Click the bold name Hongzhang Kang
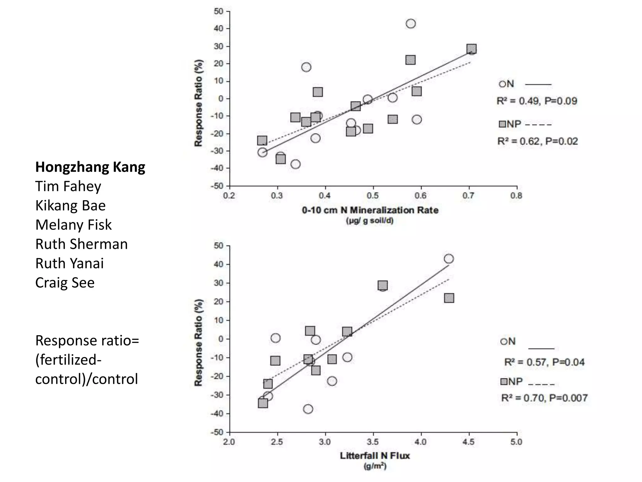click(x=90, y=167)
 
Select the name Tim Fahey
click(x=68, y=186)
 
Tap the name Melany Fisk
click(x=73, y=225)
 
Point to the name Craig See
click(x=65, y=283)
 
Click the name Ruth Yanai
click(x=69, y=264)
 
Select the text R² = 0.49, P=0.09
click(x=537, y=101)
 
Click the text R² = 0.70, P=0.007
click(x=544, y=398)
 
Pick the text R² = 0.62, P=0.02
click(x=538, y=141)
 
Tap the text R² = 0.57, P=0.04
click(x=544, y=362)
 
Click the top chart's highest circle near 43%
click(x=411, y=24)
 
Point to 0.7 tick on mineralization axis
click(x=468, y=196)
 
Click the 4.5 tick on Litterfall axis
click(x=468, y=442)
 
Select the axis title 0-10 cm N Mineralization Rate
click(x=370, y=210)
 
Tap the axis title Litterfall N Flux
click(x=375, y=456)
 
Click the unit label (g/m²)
click(x=375, y=466)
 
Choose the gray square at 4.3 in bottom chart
click(x=449, y=298)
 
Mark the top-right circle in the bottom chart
click(x=449, y=259)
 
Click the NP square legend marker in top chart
click(x=502, y=124)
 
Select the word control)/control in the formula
click(x=87, y=379)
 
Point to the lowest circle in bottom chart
click(x=308, y=409)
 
